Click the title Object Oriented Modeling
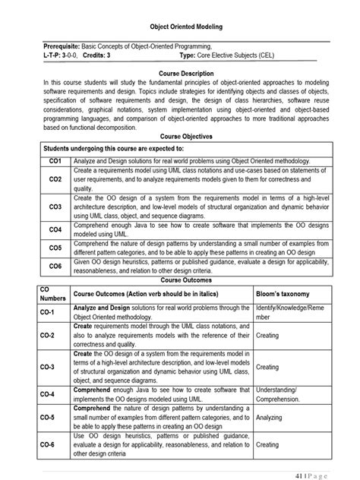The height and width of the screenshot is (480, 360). [x=180, y=24]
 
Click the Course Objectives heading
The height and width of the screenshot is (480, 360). [x=180, y=135]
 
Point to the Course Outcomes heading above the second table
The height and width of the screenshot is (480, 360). [x=180, y=279]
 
